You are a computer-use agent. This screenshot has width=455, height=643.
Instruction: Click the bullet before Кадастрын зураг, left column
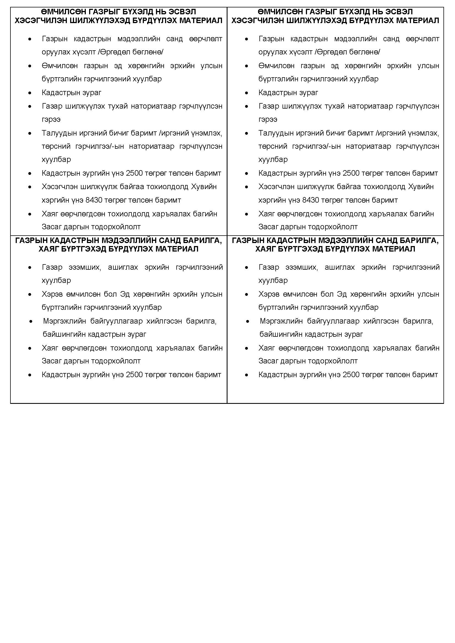click(30, 93)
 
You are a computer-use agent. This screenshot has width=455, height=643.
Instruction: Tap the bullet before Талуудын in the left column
click(30, 133)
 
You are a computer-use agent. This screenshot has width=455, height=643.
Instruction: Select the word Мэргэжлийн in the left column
click(64, 321)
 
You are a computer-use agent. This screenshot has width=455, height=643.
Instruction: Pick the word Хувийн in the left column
click(204, 186)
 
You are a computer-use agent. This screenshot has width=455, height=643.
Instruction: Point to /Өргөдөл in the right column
click(330, 52)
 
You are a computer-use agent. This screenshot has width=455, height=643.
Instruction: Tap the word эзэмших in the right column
click(301, 267)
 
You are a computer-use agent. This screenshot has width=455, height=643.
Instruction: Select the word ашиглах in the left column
click(123, 267)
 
